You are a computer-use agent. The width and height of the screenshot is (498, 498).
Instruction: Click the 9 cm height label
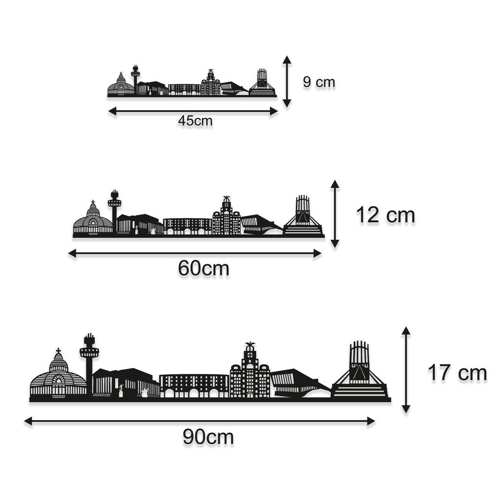[319, 82]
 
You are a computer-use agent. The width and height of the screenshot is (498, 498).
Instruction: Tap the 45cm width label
[195, 121]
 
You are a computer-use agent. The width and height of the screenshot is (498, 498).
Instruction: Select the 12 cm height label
[385, 215]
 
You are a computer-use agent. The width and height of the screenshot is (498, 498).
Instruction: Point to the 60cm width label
[203, 268]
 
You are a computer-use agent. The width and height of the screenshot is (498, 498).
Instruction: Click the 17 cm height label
[457, 373]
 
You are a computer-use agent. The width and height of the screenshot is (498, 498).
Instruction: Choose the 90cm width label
[208, 437]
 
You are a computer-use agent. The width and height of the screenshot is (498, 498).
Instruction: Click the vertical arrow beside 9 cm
[287, 81]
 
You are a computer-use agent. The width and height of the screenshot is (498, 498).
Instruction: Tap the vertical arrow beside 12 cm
[335, 214]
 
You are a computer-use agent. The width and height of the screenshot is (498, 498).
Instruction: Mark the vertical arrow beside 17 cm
[406, 370]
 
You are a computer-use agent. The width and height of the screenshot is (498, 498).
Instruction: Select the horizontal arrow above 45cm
[193, 111]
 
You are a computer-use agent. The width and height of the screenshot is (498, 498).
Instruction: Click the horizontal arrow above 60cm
[195, 253]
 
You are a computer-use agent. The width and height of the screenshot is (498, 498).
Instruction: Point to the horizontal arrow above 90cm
[200, 422]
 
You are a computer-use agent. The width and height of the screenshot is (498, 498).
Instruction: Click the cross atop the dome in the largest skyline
[58, 351]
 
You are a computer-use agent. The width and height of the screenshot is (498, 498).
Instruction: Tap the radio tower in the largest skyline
[89, 364]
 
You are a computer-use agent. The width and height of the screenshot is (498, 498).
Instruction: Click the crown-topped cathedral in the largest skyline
[359, 370]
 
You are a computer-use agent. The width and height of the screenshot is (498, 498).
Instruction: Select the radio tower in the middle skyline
[114, 211]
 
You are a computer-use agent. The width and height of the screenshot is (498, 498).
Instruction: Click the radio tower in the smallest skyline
[135, 79]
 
